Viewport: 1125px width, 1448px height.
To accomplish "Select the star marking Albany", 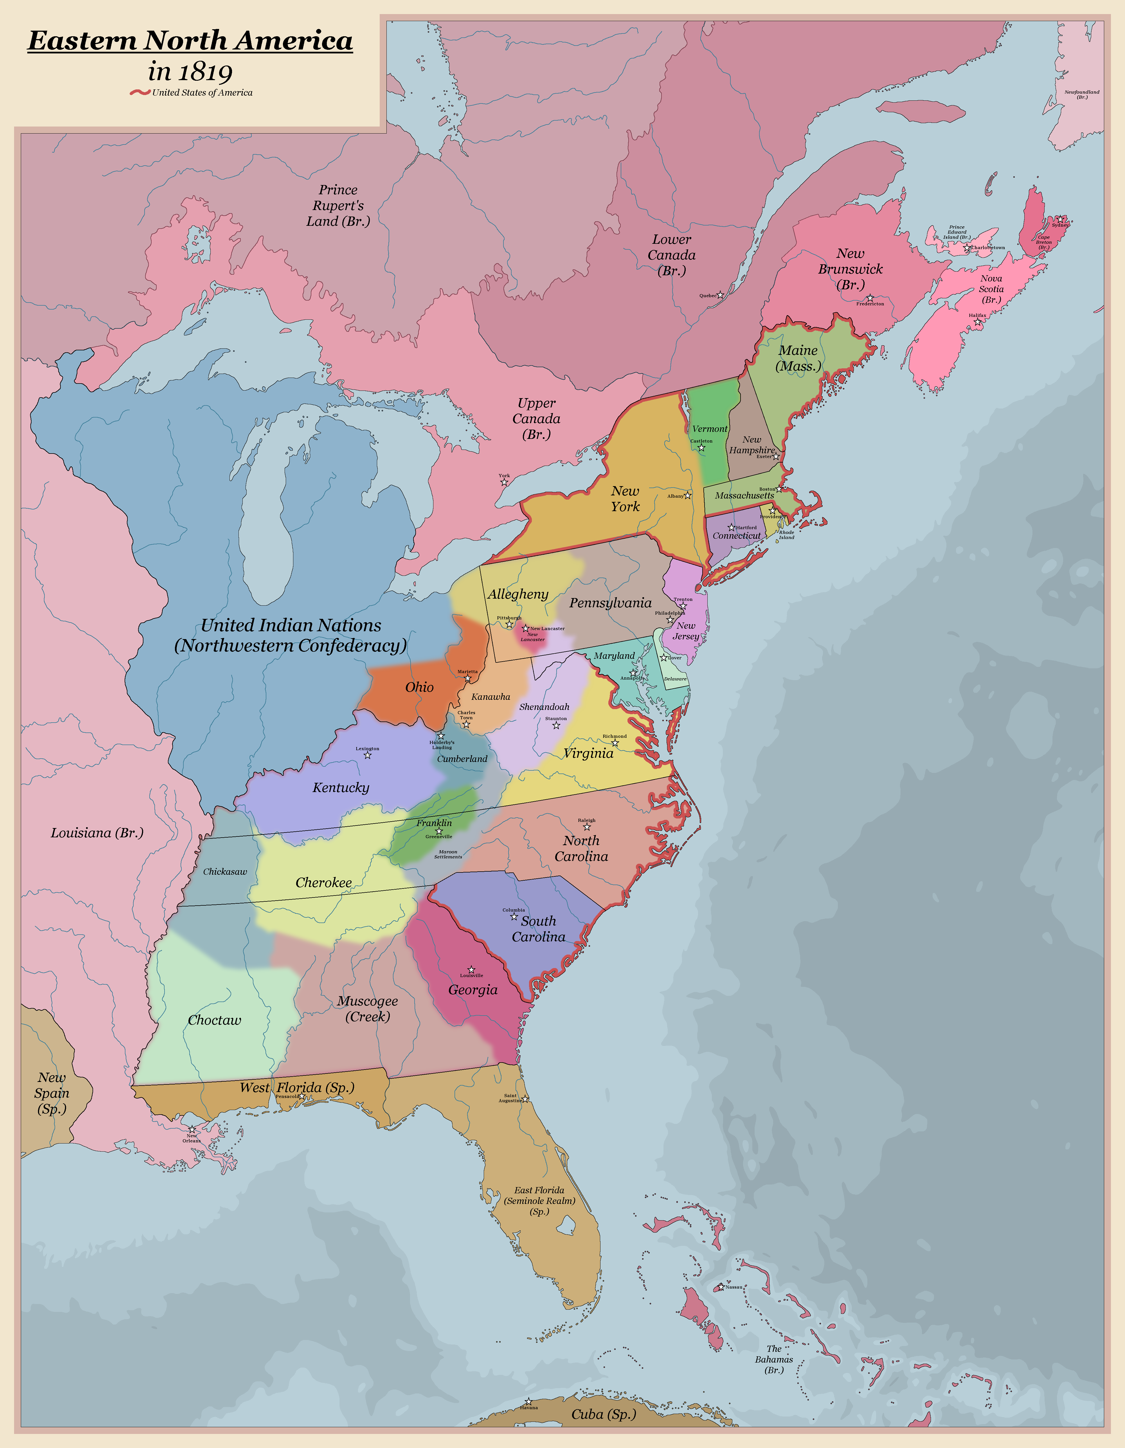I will point(688,495).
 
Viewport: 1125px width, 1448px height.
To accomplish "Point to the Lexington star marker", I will point(368,755).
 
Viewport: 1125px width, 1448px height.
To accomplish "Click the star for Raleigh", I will point(586,827).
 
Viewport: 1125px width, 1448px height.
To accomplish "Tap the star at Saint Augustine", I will point(525,1099).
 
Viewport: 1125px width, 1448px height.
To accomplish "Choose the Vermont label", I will point(709,429).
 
